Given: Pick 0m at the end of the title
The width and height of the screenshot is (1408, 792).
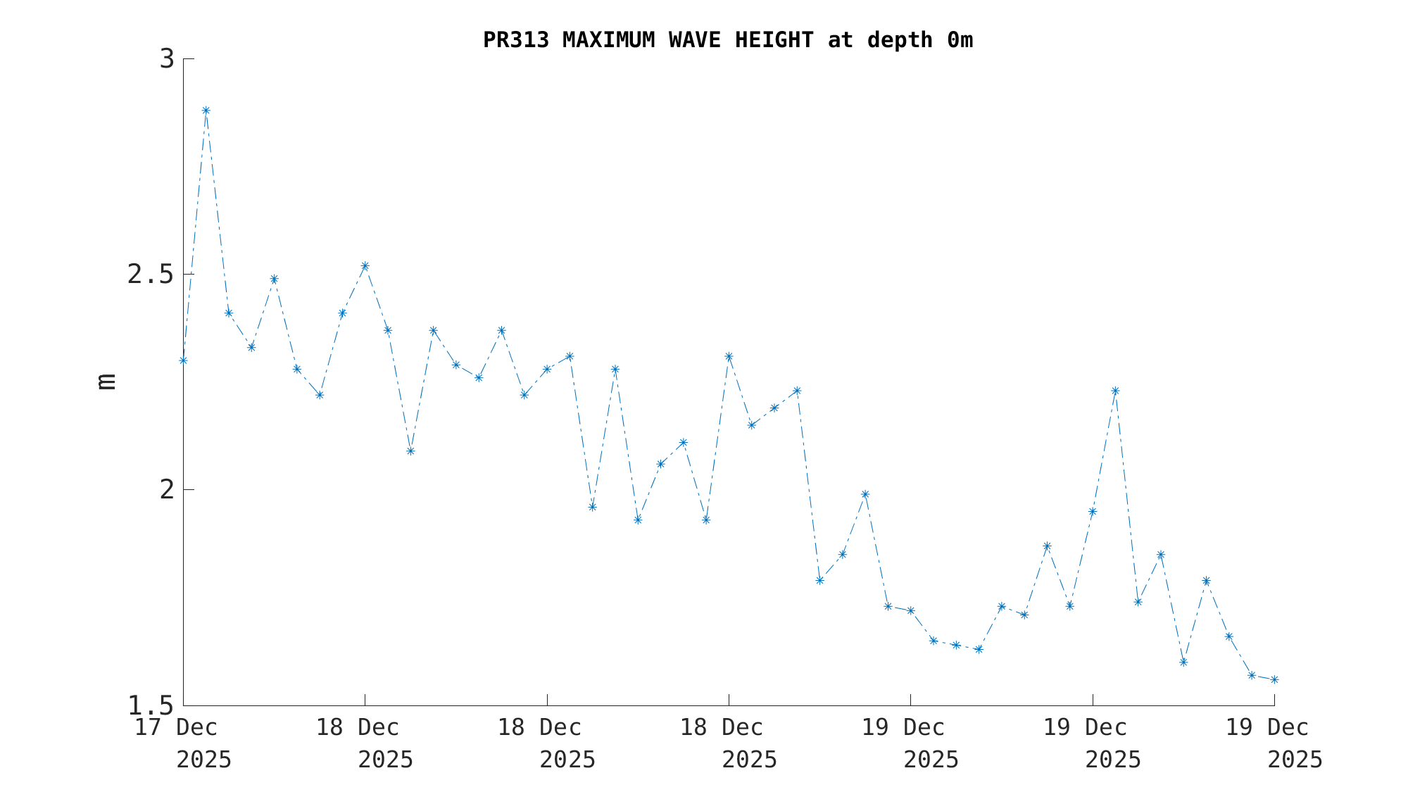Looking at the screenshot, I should pos(960,40).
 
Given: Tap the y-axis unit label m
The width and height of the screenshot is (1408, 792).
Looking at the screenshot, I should pos(106,381).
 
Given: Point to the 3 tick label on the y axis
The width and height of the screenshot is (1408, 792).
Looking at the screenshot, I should pos(167,59).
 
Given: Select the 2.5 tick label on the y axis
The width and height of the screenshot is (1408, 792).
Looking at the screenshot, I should pos(150,275).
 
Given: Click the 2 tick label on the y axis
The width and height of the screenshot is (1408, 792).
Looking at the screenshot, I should pos(167,490).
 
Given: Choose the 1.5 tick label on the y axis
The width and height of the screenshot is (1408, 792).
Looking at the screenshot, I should pos(150,705).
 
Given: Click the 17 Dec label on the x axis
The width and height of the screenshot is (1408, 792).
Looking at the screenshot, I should pos(176,727).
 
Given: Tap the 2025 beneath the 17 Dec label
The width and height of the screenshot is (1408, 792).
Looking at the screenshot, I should pos(203,760).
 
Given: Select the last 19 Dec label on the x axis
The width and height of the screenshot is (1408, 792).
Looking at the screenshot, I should pos(1267,727).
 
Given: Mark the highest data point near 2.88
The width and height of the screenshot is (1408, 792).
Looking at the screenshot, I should pos(206,111).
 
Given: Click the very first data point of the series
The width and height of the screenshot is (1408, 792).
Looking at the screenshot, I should pos(183,360).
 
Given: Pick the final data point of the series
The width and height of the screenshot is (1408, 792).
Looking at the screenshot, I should pos(1274,679).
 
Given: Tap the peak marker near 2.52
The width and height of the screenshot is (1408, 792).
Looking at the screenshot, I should pos(365,266).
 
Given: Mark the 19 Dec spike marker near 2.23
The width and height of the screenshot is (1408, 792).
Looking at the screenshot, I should pos(1115,391).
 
